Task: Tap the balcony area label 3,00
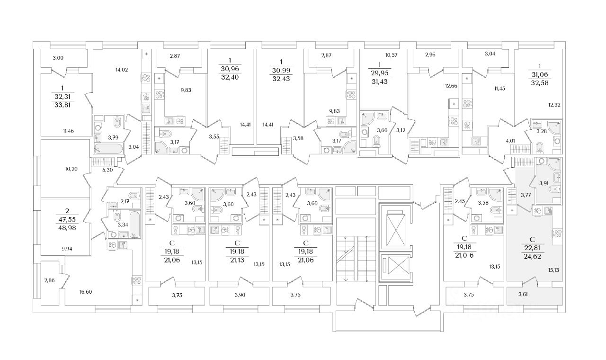click(58, 58)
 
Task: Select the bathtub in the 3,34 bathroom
click(134, 226)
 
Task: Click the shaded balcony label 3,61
click(523, 295)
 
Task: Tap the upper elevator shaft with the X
click(395, 225)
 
